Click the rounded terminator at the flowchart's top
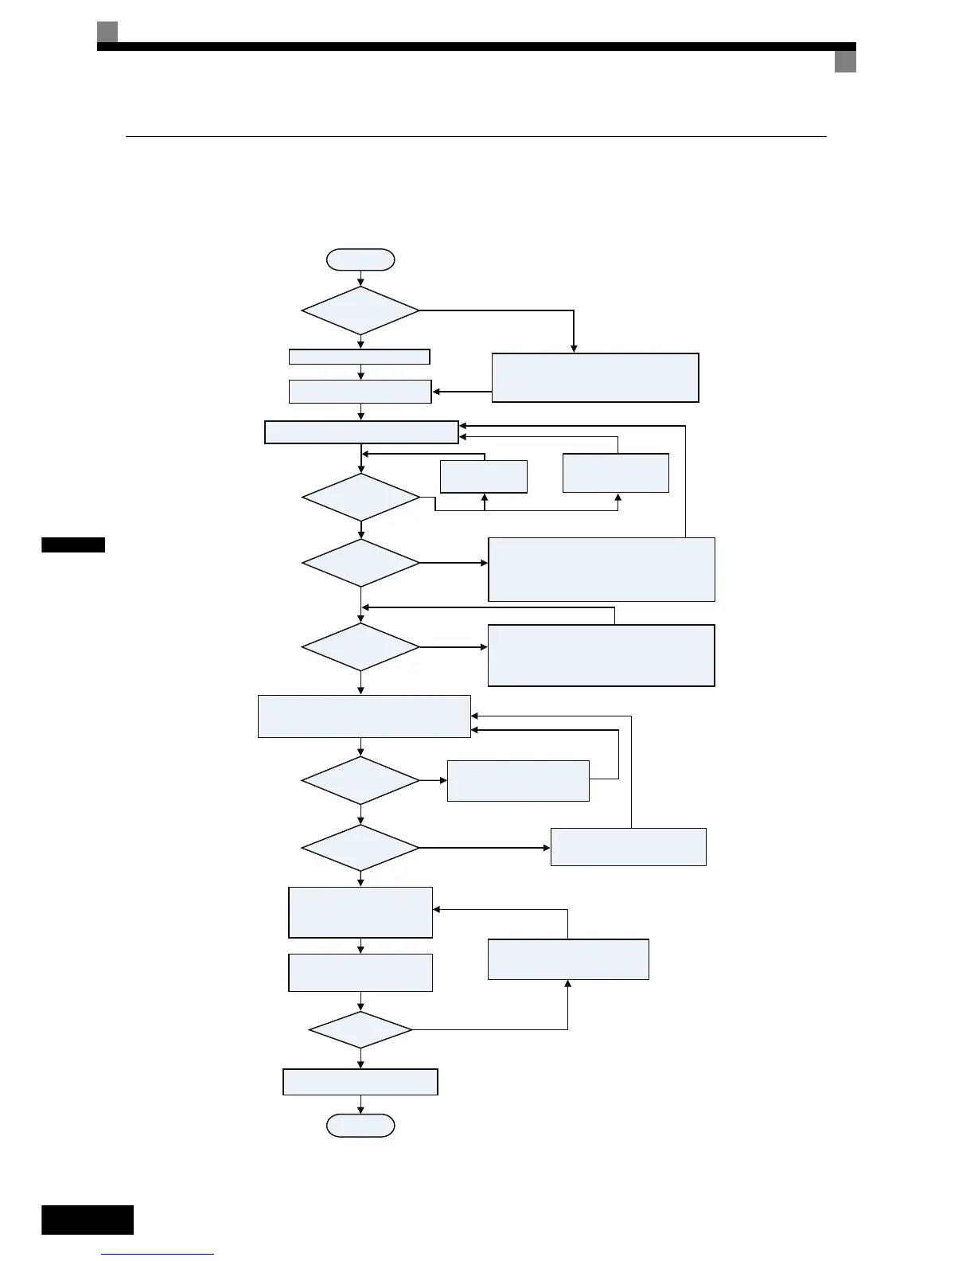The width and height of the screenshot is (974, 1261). click(x=360, y=260)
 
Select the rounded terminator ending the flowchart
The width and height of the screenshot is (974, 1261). click(x=360, y=1125)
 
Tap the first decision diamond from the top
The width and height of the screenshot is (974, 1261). click(x=360, y=310)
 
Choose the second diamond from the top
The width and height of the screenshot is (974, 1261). click(x=360, y=498)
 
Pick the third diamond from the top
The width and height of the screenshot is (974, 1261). click(x=360, y=563)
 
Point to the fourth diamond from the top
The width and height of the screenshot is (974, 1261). click(x=360, y=647)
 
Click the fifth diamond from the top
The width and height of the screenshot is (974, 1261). click(x=360, y=780)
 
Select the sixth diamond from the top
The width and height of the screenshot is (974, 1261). click(x=360, y=848)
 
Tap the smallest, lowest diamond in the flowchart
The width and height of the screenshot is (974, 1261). click(x=360, y=1030)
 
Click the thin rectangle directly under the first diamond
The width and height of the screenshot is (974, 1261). click(x=359, y=357)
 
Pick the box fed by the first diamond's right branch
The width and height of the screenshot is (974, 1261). click(x=595, y=377)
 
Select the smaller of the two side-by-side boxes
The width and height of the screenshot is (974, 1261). click(x=484, y=476)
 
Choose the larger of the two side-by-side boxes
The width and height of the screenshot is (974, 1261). click(x=615, y=473)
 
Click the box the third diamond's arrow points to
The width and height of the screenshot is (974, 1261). click(x=601, y=569)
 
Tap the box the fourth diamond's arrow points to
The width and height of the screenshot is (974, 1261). click(x=601, y=655)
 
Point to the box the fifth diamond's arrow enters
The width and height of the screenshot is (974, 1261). click(x=518, y=780)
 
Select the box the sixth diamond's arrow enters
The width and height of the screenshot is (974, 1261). click(x=628, y=846)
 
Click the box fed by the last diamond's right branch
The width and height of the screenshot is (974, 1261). click(x=568, y=959)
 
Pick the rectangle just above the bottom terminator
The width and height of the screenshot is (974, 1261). click(x=360, y=1082)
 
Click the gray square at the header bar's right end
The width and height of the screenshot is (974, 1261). click(x=845, y=62)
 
